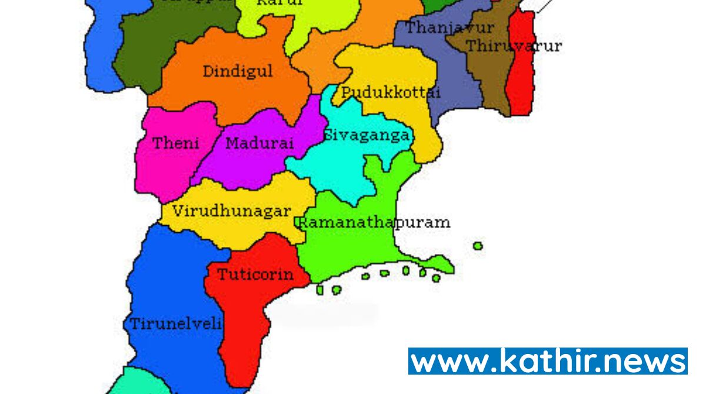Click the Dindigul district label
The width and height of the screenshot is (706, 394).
click(238, 72)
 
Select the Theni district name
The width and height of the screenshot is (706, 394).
click(176, 143)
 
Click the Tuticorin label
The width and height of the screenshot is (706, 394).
click(255, 275)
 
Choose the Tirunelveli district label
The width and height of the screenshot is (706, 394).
click(176, 323)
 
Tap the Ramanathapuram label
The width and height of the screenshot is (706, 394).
click(374, 222)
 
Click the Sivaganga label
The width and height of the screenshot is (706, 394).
click(367, 135)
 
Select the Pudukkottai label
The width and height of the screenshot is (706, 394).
click(390, 92)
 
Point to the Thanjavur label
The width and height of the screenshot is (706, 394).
click(449, 27)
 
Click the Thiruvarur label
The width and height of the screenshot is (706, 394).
click(514, 46)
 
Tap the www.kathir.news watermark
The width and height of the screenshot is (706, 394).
click(548, 360)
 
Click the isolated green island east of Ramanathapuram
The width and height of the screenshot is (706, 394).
click(478, 246)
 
